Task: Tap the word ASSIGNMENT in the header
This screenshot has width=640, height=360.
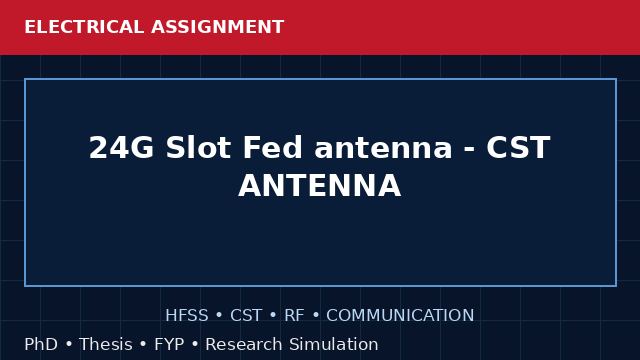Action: [217, 27]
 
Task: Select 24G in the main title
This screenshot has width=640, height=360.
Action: [121, 147]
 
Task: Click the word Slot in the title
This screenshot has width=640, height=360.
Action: [198, 147]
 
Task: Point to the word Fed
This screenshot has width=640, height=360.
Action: [273, 147]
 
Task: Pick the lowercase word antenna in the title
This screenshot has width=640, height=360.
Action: [383, 148]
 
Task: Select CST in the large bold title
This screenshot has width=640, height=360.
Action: [518, 147]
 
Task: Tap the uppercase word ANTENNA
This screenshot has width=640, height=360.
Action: [320, 186]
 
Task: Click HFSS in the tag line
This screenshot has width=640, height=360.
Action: [187, 316]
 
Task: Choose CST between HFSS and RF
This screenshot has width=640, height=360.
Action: [246, 316]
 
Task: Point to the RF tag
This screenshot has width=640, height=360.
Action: [294, 316]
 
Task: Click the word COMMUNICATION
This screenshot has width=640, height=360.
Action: [400, 316]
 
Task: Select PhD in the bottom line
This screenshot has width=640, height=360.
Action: [41, 344]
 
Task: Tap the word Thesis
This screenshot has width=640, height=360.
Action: [106, 344]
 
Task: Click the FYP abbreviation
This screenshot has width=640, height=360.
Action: [169, 344]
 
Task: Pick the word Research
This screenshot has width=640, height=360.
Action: [244, 344]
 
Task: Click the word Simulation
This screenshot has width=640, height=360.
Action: [334, 344]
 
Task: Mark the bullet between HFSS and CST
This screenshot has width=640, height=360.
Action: [219, 316]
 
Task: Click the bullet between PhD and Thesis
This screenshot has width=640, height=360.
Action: [69, 345]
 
